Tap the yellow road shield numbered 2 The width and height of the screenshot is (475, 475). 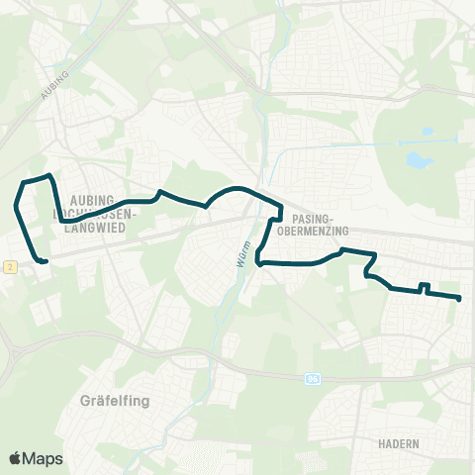pos(8,266)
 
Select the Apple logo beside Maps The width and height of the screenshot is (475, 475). pos(15,458)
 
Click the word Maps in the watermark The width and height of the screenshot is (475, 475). pos(43,458)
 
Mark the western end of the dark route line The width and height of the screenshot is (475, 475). pos(46,261)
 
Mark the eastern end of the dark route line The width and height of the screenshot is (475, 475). pos(460,298)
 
